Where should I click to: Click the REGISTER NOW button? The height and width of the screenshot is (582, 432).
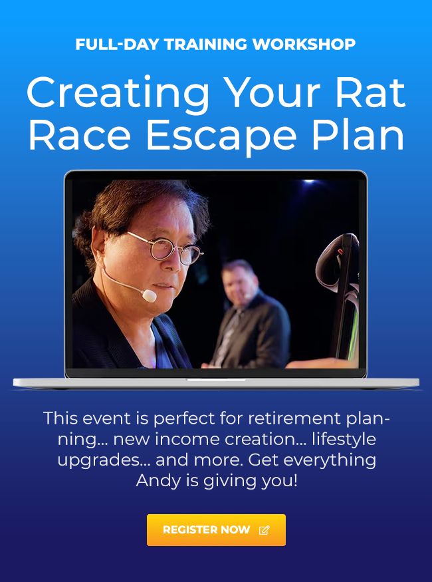click(x=216, y=530)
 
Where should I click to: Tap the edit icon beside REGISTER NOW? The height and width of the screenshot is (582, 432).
click(x=264, y=530)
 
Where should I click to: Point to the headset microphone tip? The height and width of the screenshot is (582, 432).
click(x=150, y=295)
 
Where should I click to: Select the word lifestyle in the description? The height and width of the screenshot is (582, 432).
click(x=350, y=440)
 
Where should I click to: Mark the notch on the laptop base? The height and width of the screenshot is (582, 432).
click(x=216, y=380)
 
